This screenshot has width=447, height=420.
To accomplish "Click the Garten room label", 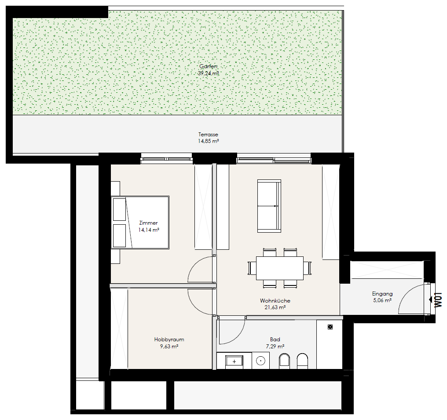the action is pos(209,66).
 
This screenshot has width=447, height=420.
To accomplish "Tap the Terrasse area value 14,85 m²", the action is pos(209,141).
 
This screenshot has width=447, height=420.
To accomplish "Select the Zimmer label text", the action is pos(148,223).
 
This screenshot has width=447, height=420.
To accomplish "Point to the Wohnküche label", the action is pos(275,301).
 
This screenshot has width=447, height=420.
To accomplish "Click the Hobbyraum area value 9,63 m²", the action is pos(169,347).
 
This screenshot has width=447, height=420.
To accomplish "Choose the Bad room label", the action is pos(275,340).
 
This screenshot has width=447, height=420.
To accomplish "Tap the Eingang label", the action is pos(382,294).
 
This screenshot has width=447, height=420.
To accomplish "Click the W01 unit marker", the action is pos(438,300).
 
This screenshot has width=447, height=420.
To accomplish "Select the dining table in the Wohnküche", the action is pos(280,268).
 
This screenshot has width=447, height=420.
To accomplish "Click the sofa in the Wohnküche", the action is pos(269,206).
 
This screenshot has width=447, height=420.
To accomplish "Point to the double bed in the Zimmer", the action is pos(140,222).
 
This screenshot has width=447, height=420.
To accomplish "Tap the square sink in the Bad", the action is pos(234,362).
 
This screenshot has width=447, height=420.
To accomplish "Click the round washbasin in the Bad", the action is pos(260,361).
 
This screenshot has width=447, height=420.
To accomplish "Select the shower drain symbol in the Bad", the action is pos(330,327).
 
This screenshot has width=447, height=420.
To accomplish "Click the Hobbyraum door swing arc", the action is pos(194,307).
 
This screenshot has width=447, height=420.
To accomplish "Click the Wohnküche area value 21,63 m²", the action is pos(275,307).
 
